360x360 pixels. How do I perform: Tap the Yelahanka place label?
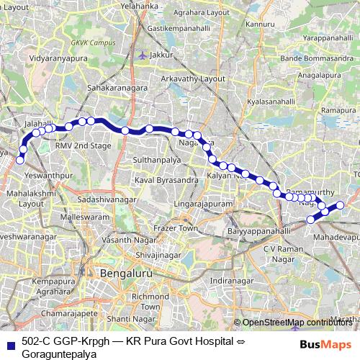click(139, 5)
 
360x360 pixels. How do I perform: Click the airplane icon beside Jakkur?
click(143, 54)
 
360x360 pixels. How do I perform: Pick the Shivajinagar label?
click(156, 254)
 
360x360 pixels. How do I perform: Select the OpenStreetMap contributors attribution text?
click(296, 323)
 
